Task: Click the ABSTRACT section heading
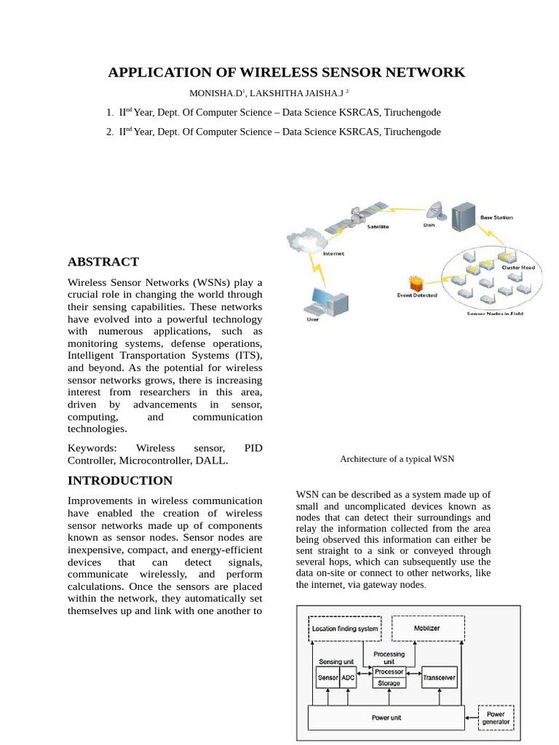click(x=103, y=262)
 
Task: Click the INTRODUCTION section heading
click(x=120, y=480)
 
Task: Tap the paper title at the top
click(x=286, y=72)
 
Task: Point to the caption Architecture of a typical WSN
click(x=397, y=459)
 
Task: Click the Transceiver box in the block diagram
click(x=439, y=677)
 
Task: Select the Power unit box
click(x=386, y=717)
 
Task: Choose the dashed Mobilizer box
click(x=427, y=628)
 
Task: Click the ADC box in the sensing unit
click(x=348, y=677)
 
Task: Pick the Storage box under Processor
click(x=389, y=684)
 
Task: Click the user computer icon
click(x=320, y=302)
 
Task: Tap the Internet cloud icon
click(x=306, y=239)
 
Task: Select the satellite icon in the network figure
click(x=354, y=217)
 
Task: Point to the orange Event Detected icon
click(x=416, y=283)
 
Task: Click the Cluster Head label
click(x=518, y=268)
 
